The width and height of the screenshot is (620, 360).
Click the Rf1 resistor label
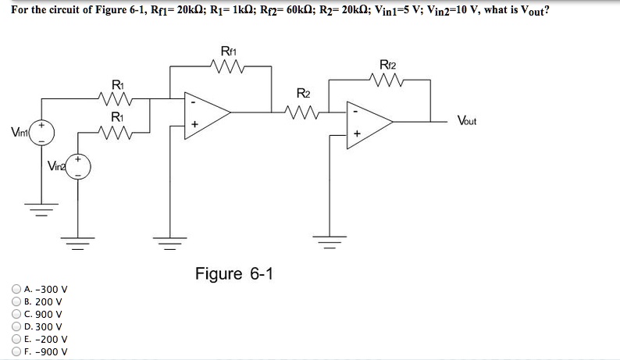[229, 52]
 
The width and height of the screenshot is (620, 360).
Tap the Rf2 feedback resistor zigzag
[388, 80]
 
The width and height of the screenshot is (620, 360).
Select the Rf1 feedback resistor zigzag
[229, 67]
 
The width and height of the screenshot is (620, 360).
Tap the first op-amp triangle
[205, 112]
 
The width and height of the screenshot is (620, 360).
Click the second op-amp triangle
[367, 122]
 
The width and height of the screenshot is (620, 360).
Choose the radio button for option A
[16, 287]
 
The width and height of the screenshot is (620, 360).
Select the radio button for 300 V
[16, 326]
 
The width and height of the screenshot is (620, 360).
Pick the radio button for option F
[16, 351]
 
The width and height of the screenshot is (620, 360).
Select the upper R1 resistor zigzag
[116, 98]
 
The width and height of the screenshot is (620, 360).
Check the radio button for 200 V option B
[16, 301]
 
